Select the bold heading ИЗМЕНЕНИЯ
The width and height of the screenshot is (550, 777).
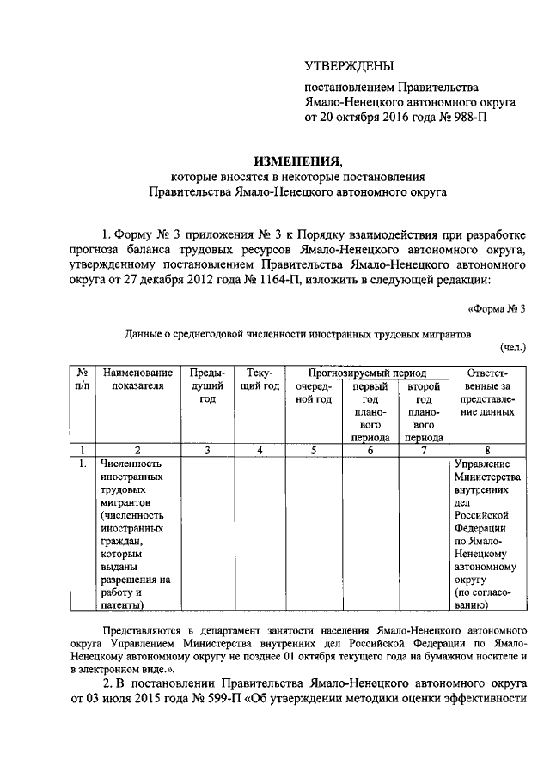297,161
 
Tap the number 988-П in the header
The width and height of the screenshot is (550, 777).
465,118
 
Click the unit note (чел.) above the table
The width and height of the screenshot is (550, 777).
512,347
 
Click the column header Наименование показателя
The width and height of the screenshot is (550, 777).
137,379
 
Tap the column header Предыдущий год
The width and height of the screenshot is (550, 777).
207,386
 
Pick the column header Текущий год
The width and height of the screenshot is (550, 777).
259,379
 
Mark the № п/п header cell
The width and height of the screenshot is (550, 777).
83,379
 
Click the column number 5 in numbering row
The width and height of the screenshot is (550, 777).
314,449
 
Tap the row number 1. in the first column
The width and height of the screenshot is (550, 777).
82,464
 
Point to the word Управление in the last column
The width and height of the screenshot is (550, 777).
481,464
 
